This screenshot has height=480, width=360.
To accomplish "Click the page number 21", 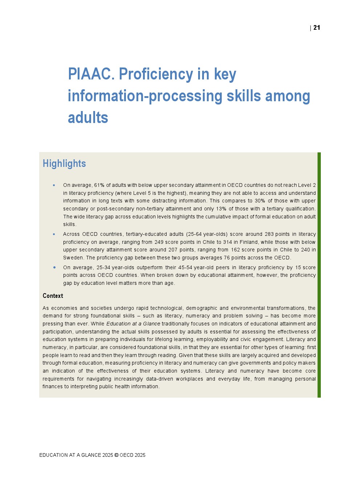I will [x=317, y=28].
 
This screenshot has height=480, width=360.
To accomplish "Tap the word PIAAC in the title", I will [x=91, y=74].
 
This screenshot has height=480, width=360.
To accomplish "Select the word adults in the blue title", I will [x=88, y=118].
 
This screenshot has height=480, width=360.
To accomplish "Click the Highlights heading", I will [x=64, y=164].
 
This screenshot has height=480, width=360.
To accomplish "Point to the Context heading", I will [x=53, y=296].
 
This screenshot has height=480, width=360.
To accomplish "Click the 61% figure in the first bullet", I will [x=99, y=185].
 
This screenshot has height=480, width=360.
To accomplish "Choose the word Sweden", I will [x=73, y=258].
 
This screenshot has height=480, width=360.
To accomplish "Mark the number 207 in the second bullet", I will [x=173, y=250].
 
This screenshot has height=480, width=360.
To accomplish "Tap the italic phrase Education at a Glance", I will [x=133, y=324].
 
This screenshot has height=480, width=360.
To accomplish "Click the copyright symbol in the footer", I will [x=116, y=455].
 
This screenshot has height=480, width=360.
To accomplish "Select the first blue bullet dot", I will [x=54, y=185].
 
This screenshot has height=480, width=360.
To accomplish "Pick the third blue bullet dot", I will [x=54, y=267].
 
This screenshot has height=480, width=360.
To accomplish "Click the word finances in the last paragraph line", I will [x=53, y=386].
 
